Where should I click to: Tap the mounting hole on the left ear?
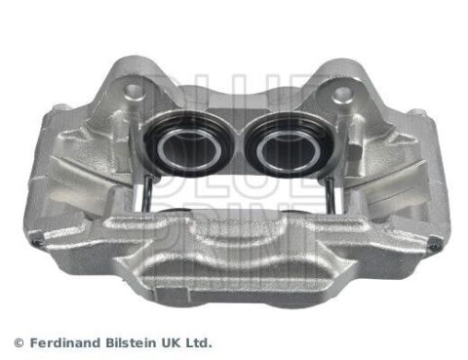[135, 93]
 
